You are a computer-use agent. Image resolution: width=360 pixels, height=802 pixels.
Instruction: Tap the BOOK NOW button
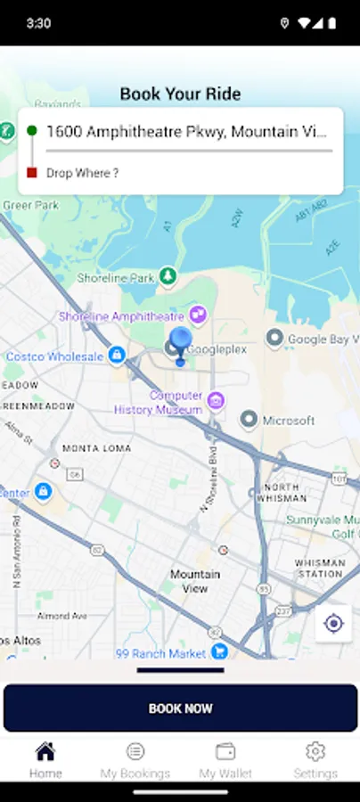(x=180, y=708)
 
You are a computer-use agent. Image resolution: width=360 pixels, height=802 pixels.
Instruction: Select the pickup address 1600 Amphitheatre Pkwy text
(x=186, y=132)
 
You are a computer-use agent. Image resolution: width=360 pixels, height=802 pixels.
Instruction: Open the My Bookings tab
(x=135, y=760)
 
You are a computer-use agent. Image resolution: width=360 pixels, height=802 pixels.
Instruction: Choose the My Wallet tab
(x=225, y=760)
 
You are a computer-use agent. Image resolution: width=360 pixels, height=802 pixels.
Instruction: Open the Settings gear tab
(x=315, y=760)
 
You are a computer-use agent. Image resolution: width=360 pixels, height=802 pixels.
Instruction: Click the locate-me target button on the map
(x=333, y=624)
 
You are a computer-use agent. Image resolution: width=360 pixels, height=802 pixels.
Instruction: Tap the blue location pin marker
(x=180, y=342)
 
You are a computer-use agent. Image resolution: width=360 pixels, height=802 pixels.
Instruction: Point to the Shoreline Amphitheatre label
(x=120, y=316)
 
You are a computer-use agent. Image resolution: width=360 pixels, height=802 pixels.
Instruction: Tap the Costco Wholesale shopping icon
(x=116, y=356)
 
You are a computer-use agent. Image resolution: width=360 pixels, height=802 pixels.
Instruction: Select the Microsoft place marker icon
(x=250, y=420)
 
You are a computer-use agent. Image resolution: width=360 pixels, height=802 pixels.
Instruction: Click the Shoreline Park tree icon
(x=168, y=276)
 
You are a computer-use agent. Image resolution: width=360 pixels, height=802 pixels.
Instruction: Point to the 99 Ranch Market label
(x=161, y=654)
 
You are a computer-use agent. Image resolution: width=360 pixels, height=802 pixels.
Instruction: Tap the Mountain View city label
(x=194, y=581)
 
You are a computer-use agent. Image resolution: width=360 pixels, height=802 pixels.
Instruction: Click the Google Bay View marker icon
(x=275, y=339)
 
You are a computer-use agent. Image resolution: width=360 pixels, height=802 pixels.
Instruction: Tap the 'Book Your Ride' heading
(x=180, y=94)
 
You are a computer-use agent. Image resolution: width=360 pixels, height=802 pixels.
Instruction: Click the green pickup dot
(x=32, y=131)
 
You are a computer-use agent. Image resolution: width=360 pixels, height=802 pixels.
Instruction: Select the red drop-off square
(x=32, y=173)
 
